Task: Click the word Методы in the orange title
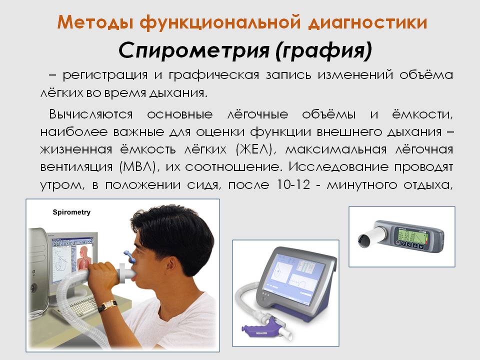click(x=95, y=22)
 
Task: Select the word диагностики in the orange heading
click(x=367, y=22)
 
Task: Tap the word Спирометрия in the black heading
click(x=194, y=50)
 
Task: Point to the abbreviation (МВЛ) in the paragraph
click(x=139, y=167)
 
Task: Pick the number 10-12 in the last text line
click(x=293, y=184)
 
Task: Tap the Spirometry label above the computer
click(x=71, y=212)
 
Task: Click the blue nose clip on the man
click(x=130, y=256)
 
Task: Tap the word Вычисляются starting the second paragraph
click(x=91, y=114)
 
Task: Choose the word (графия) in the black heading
click(x=324, y=51)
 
